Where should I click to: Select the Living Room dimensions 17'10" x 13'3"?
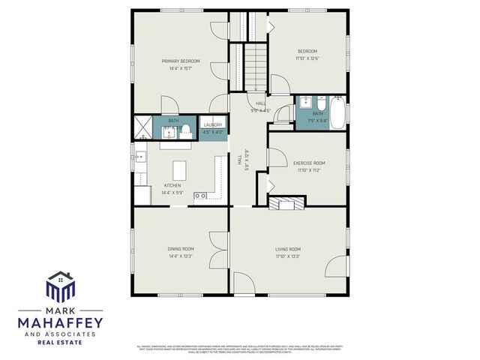tap(288, 257)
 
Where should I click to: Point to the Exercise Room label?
tap(308, 163)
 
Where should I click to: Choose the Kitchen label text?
tap(172, 185)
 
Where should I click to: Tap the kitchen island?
tap(180, 167)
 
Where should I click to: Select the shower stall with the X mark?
tap(143, 127)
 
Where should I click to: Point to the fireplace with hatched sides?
tap(288, 202)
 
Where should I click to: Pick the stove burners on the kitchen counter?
tap(201, 196)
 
